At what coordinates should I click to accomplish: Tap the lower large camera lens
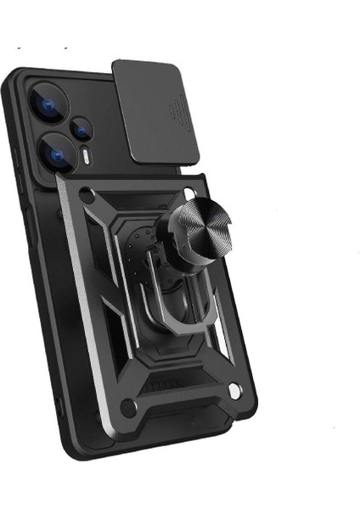50,154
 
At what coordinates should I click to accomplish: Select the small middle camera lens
82,129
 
